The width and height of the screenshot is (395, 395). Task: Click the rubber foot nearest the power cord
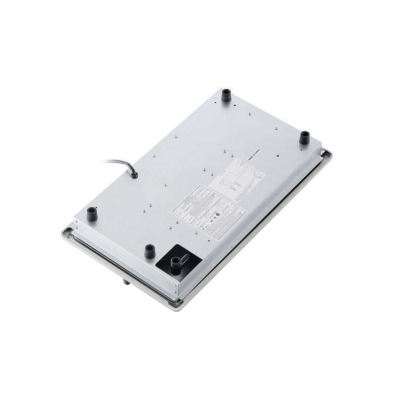[x=91, y=214]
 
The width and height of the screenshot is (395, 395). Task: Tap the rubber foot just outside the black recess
[x=150, y=251]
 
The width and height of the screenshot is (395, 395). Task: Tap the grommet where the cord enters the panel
[x=133, y=174]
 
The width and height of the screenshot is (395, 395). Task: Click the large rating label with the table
[x=207, y=210]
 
